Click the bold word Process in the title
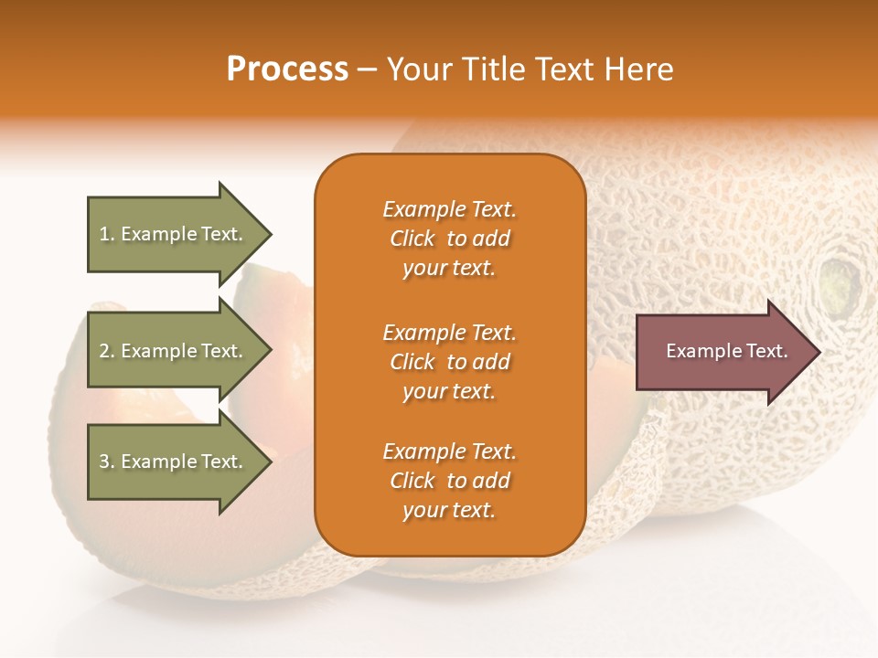point(287,69)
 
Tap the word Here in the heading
point(639,69)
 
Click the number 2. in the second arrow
point(107,351)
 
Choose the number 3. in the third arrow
point(107,462)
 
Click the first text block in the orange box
point(449,239)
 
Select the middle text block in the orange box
point(449,362)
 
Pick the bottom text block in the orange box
point(449,481)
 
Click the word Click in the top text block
point(412,239)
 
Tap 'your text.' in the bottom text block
point(449,510)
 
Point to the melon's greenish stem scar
point(840,283)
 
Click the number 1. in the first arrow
point(107,234)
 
